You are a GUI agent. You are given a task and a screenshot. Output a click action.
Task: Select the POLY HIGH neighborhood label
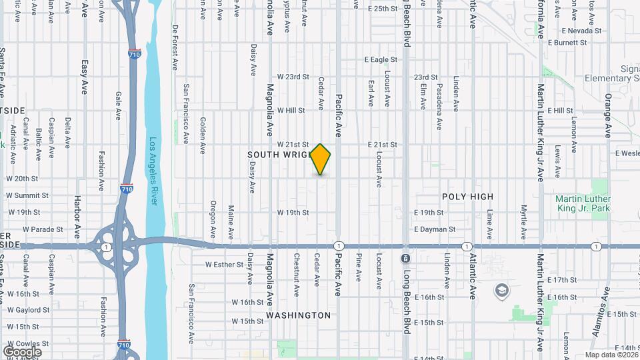click(x=468, y=197)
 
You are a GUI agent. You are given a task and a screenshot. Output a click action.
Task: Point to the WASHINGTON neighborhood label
click(x=298, y=315)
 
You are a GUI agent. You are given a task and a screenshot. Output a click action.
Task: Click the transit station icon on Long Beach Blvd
click(x=405, y=258)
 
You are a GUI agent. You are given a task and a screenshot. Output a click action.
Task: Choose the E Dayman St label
click(x=434, y=229)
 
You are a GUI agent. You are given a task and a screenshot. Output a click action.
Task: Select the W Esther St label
click(x=225, y=264)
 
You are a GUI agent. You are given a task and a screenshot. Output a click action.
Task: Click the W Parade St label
click(x=42, y=229)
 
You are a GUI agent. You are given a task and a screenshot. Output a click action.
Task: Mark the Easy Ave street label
click(x=85, y=77)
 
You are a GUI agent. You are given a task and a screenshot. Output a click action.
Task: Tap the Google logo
click(x=22, y=351)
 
